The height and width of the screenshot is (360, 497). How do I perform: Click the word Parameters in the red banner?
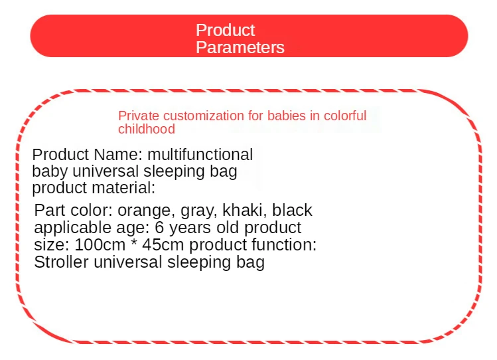(240, 47)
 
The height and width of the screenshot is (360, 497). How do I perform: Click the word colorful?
(345, 116)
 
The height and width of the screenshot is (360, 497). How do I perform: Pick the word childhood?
(147, 129)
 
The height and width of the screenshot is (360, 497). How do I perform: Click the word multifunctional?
(200, 155)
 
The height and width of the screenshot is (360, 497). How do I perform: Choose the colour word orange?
(147, 211)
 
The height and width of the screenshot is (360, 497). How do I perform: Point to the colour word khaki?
(245, 211)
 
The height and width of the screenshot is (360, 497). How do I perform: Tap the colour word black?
(292, 211)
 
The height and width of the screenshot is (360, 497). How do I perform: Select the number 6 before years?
(159, 227)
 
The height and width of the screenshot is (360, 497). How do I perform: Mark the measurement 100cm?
(100, 245)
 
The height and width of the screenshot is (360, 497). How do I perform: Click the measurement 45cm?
(163, 245)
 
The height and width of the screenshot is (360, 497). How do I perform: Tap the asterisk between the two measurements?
(133, 242)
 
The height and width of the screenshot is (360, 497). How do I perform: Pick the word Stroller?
(61, 262)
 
